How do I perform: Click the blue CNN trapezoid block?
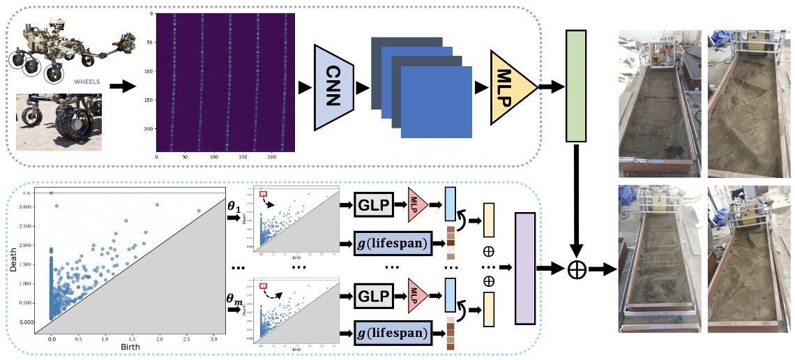335,87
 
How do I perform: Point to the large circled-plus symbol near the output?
577,269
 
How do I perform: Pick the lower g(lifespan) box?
391,333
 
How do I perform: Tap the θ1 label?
236,207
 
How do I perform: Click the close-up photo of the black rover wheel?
59,123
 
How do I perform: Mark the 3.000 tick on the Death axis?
28,207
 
